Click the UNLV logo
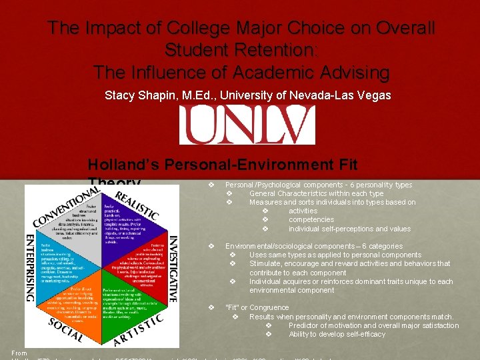246,125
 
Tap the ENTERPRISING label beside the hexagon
31,267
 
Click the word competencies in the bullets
311,220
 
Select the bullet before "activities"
265,211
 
